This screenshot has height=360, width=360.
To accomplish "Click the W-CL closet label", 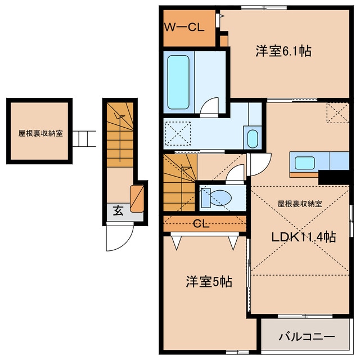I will click(184, 26).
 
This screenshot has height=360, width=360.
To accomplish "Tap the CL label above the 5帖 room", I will click(201, 223).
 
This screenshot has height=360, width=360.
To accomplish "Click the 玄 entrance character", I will click(118, 211).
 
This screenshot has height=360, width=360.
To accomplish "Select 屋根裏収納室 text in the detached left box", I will click(40, 134).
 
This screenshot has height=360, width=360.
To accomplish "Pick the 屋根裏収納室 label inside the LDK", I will click(300, 204).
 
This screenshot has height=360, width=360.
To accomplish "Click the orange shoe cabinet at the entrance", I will click(137, 198).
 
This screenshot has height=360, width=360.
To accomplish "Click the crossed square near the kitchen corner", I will click(338, 112).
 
